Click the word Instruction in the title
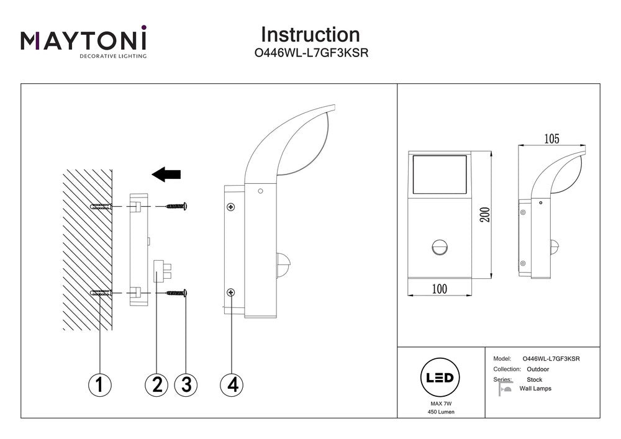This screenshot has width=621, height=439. [x=310, y=34]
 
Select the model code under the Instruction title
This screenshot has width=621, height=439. [x=312, y=53]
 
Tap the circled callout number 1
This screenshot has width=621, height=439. [x=99, y=384]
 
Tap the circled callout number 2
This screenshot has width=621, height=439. [x=156, y=384]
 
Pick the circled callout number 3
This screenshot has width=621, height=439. [x=186, y=384]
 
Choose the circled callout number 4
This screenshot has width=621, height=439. [x=232, y=384]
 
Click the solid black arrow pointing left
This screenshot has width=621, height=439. [x=166, y=174]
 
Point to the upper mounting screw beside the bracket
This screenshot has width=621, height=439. [x=176, y=206]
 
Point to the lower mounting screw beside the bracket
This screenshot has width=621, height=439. [x=176, y=292]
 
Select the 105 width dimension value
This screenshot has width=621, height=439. [x=551, y=138]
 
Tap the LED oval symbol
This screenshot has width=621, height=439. [x=440, y=378]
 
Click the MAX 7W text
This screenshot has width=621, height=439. [x=440, y=404]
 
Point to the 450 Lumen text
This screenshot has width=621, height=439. [x=440, y=412]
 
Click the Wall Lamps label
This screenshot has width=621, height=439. [x=535, y=389]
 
